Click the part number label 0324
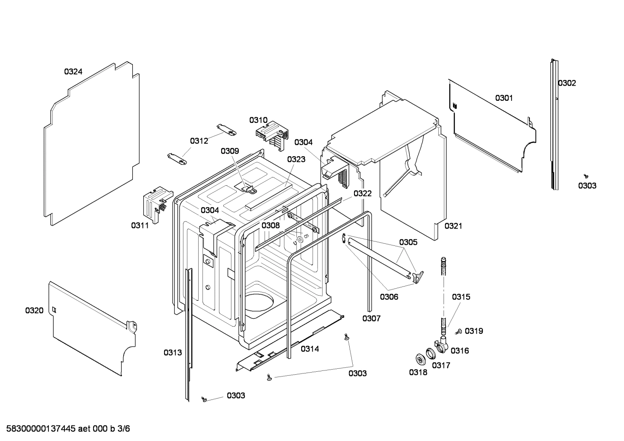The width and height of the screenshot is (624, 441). pos(73,72)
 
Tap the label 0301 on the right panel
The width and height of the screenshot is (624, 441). pos(504,98)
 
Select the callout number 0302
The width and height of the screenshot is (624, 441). pos(567,83)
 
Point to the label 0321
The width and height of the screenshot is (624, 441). pos(453,225)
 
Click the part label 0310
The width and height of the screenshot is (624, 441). pos(258,120)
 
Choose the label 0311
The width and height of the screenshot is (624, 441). pos(140,225)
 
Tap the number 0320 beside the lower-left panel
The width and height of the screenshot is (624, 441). pos(34,310)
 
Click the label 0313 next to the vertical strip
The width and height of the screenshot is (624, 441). pos(173,352)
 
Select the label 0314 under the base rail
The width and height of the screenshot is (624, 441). pos(310,348)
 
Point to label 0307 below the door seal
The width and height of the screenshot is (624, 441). pos(371,319)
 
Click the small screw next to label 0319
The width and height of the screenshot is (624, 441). pos(458,332)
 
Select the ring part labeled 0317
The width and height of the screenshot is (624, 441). pos(431,354)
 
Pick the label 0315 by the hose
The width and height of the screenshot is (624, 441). pos(461,297)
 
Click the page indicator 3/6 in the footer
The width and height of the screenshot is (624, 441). pos(124,429)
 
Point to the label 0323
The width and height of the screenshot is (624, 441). pos(296,159)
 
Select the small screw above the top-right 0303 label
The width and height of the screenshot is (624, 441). pos(586,176)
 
